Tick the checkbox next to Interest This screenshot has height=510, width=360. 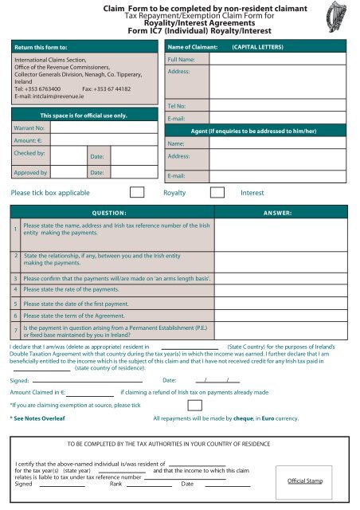pyautogui.click(x=217, y=192)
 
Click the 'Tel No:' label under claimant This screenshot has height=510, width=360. pyautogui.click(x=176, y=105)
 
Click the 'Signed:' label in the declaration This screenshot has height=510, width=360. pyautogui.click(x=19, y=380)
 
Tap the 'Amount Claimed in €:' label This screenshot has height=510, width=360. pyautogui.click(x=37, y=393)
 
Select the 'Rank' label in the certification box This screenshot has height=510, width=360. pyautogui.click(x=115, y=484)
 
